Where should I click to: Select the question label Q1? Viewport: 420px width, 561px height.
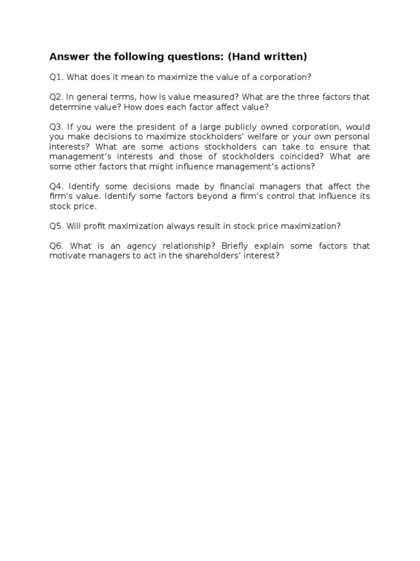pyautogui.click(x=56, y=77)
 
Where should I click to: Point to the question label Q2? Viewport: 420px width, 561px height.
pyautogui.click(x=56, y=97)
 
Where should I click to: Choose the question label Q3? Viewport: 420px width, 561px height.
pyautogui.click(x=56, y=127)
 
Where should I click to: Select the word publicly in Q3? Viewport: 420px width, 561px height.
pyautogui.click(x=253, y=127)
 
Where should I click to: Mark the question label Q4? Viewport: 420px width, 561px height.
pyautogui.click(x=56, y=187)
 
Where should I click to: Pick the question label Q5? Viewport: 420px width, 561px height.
pyautogui.click(x=56, y=226)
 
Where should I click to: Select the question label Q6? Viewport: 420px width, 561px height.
pyautogui.click(x=56, y=246)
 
